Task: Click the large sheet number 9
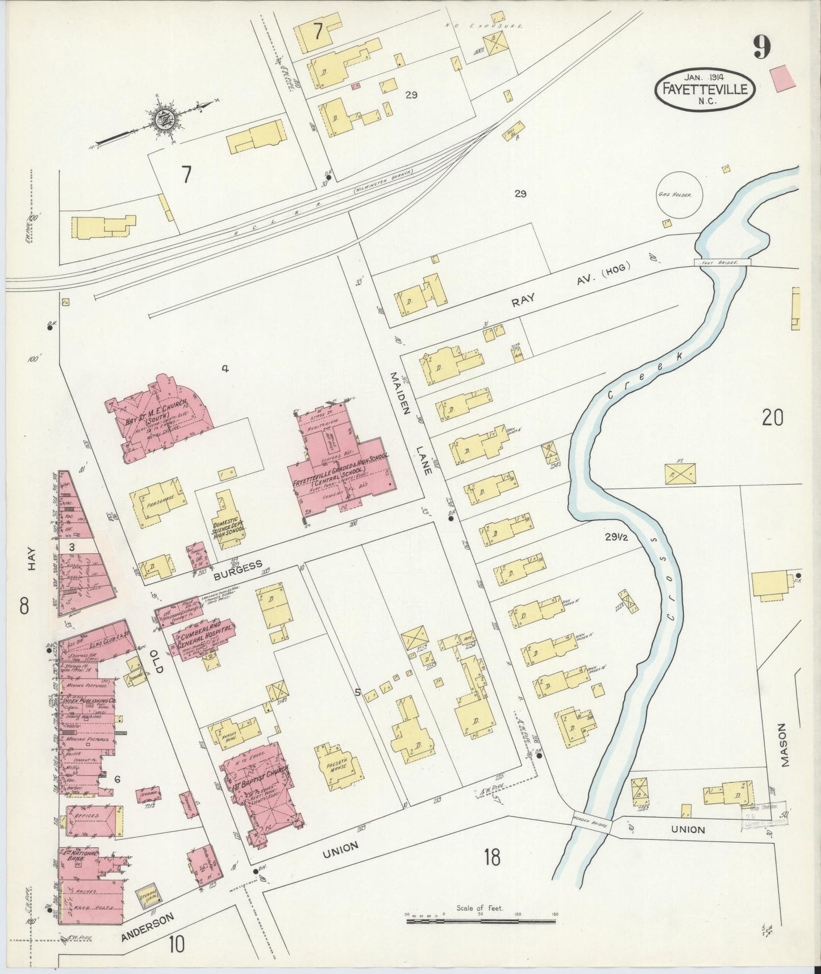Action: coord(762,47)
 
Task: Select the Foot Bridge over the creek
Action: coord(722,263)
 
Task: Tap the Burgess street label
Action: coord(238,570)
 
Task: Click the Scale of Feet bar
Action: coord(481,921)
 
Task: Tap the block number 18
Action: coord(492,857)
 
